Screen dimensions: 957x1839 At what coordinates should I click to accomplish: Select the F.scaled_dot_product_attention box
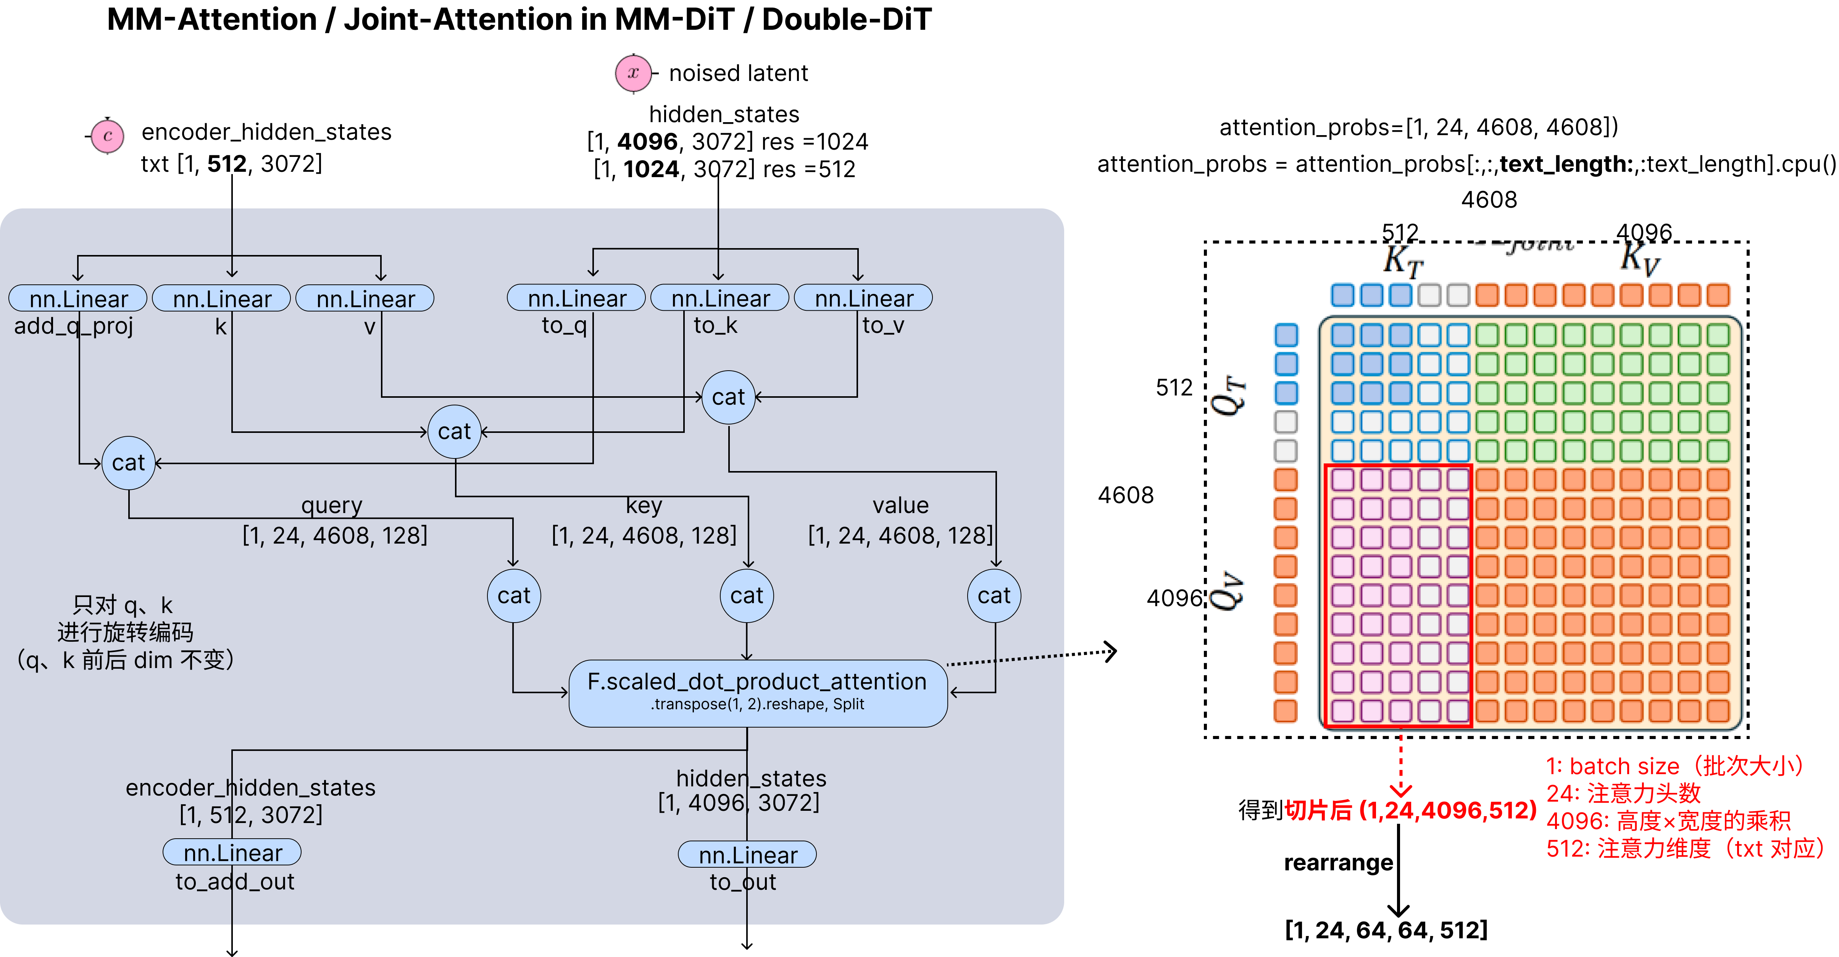tap(757, 691)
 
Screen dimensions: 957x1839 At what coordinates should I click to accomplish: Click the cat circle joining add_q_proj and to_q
tap(129, 463)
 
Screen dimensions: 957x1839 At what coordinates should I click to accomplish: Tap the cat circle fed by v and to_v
tap(728, 397)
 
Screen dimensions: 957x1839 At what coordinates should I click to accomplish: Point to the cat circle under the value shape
tap(994, 596)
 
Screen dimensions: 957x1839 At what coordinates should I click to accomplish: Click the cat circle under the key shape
tap(747, 596)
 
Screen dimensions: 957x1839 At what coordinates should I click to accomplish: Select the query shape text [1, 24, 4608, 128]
tap(335, 535)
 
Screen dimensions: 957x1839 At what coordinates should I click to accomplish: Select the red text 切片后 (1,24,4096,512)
tap(1410, 810)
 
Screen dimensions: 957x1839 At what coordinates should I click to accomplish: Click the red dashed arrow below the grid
tap(1401, 768)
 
